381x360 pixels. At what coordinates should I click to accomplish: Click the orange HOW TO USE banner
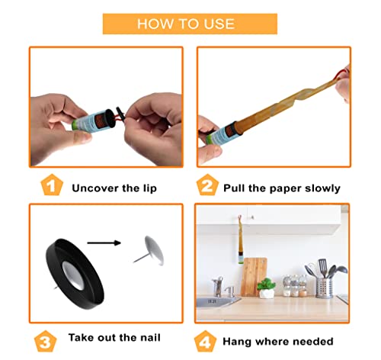[x=190, y=24]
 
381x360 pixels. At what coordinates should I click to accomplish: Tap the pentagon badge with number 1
[x=52, y=185]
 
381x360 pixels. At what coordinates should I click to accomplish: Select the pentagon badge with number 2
[x=207, y=185]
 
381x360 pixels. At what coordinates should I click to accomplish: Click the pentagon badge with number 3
[x=46, y=341]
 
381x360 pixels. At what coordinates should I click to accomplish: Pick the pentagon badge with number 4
[x=205, y=341]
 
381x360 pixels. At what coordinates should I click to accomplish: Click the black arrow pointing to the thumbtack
[x=104, y=243]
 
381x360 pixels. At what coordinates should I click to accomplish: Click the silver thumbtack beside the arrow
[x=150, y=251]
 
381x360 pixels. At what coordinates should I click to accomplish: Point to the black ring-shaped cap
[x=75, y=274]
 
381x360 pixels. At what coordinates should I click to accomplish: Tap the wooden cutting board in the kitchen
[x=254, y=277]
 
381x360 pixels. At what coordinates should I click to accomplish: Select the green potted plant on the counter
[x=266, y=288]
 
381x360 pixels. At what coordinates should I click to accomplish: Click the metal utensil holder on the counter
[x=324, y=288]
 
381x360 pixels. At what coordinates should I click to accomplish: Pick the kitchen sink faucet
[x=218, y=286]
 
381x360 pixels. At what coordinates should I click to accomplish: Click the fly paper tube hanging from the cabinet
[x=240, y=240]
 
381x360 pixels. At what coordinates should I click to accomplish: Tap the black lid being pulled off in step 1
[x=120, y=114]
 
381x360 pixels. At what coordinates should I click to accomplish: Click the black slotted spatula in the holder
[x=322, y=268]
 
